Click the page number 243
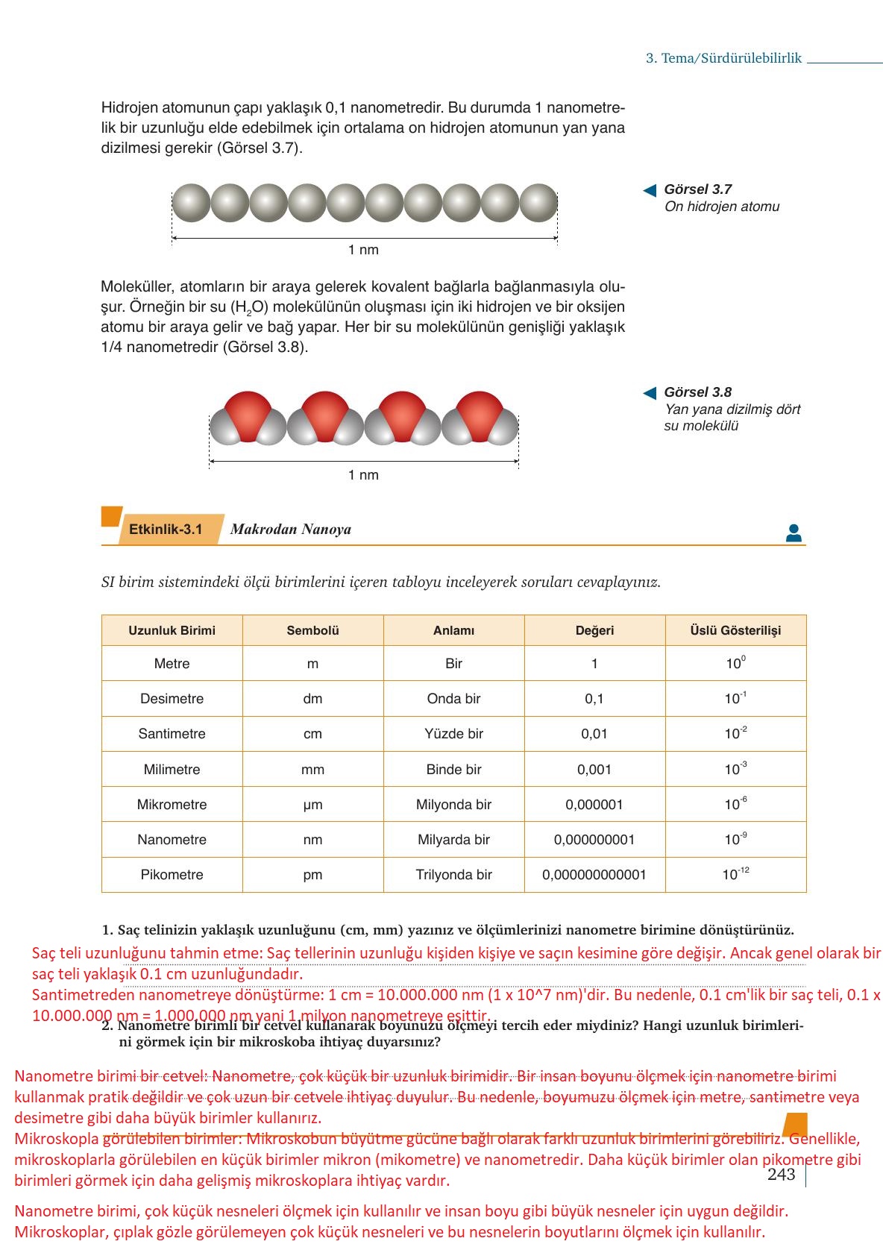coord(781,1175)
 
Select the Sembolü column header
coord(312,631)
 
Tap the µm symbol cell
coord(312,805)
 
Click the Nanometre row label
coord(172,840)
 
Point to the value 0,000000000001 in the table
coord(594,875)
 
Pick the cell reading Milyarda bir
coord(453,840)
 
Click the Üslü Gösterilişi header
coord(735,631)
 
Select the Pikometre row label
coord(172,875)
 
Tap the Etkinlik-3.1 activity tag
coord(166,530)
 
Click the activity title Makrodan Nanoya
coord(290,530)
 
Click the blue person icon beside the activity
coord(794,533)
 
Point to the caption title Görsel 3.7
coord(697,189)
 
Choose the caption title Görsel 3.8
coord(697,392)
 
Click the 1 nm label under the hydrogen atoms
coord(363,250)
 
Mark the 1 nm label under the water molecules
coord(363,475)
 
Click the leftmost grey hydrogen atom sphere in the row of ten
coord(191,203)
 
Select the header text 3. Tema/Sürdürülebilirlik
coord(723,58)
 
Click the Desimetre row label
coord(172,699)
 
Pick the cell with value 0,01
coord(594,734)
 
